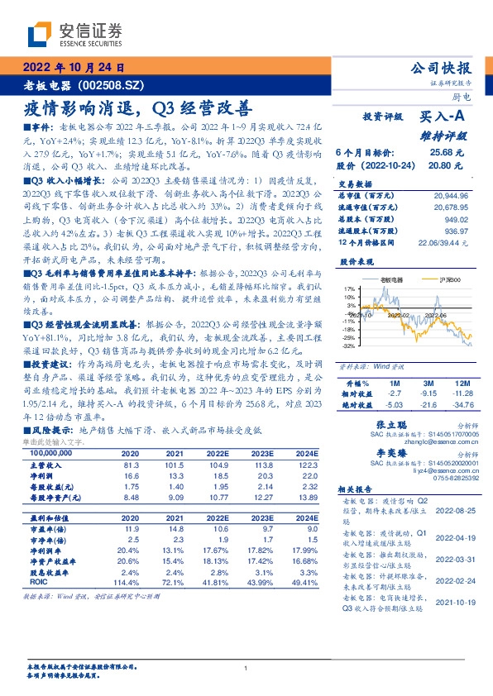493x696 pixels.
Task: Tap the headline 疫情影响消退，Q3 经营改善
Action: tap(136, 108)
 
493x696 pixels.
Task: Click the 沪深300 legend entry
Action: tap(435, 280)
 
